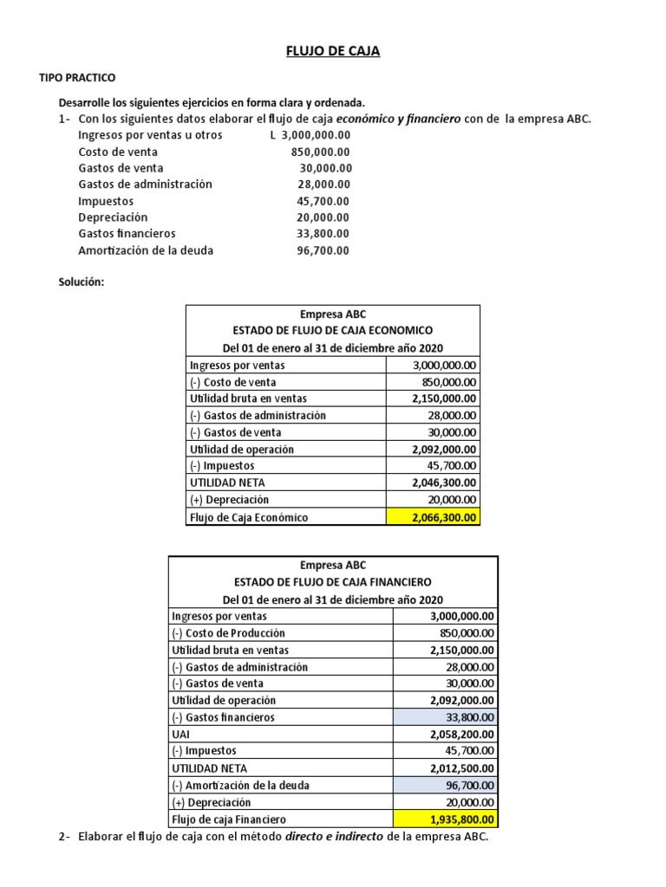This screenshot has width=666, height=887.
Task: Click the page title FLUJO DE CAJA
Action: point(333,52)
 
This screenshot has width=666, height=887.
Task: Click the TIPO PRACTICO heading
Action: point(77,78)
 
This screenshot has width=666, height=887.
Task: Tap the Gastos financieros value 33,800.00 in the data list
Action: point(323,234)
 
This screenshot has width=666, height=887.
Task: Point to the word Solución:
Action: point(81,282)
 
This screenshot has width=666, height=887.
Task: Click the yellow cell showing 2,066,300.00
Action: point(433,518)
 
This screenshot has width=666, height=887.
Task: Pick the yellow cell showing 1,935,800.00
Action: point(446,819)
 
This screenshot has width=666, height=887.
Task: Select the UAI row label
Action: point(182,734)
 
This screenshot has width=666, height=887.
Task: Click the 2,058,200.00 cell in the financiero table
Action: point(463,734)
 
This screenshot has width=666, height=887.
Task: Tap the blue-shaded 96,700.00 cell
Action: point(446,785)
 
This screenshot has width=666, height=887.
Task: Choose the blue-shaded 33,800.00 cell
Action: point(446,717)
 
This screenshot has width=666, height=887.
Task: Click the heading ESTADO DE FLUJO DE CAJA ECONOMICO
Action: point(333,330)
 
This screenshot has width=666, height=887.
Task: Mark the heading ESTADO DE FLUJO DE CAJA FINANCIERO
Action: point(333,582)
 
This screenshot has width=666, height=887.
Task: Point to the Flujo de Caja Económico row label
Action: point(248,518)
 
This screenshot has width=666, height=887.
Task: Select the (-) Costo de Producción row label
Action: point(229,633)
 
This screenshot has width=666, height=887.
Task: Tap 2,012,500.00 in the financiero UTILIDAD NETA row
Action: point(463,767)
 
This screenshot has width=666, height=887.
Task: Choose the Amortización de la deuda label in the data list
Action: point(146,250)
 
